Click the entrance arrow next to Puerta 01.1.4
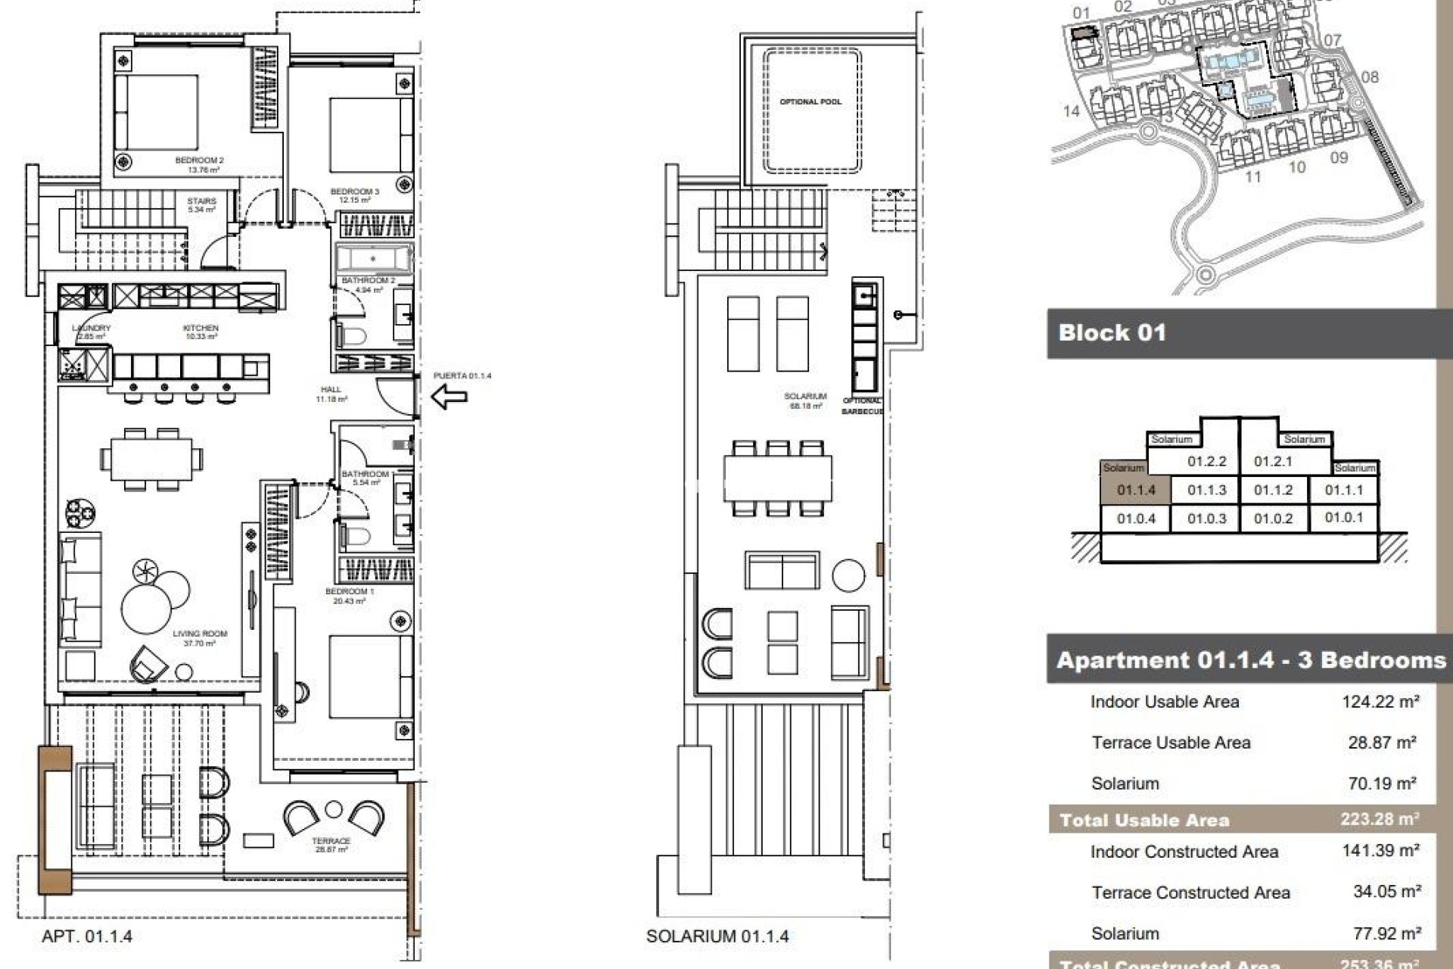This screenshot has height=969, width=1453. pyautogui.click(x=449, y=395)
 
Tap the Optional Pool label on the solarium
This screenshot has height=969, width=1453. pyautogui.click(x=811, y=101)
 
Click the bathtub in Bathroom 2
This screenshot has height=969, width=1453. pyautogui.click(x=374, y=260)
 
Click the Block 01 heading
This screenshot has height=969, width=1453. pyautogui.click(x=1112, y=333)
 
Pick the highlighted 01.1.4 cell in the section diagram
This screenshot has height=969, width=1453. pyautogui.click(x=1136, y=490)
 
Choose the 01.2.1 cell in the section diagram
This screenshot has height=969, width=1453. pyautogui.click(x=1273, y=461)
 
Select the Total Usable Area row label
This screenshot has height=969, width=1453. pyautogui.click(x=1144, y=820)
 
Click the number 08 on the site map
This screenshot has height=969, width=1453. pyautogui.click(x=1370, y=77)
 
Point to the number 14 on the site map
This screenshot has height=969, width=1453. pyautogui.click(x=1071, y=111)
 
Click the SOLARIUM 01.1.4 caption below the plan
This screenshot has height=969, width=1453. pyautogui.click(x=717, y=936)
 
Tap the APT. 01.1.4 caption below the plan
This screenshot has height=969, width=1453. pyautogui.click(x=87, y=936)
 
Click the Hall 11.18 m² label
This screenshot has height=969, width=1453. pyautogui.click(x=331, y=394)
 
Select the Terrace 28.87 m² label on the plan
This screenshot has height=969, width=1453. pyautogui.click(x=331, y=845)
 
